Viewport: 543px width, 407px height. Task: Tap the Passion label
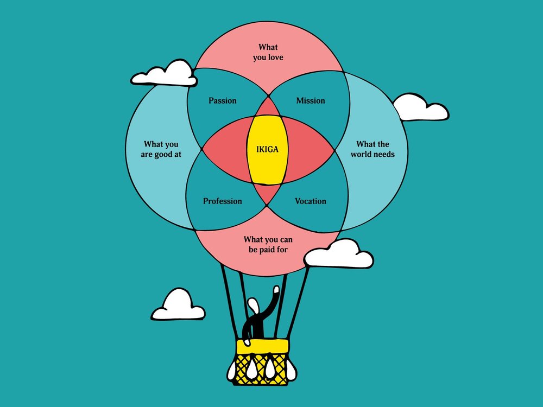tap(223, 100)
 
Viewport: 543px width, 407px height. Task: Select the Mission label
tap(311, 100)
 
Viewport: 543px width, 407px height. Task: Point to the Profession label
tap(223, 201)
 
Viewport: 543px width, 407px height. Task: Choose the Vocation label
tap(311, 201)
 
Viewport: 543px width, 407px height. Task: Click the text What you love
tap(268, 52)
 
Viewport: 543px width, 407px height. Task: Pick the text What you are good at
tap(161, 149)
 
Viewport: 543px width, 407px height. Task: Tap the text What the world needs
tap(372, 149)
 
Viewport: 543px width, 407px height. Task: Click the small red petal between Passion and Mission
tap(267, 107)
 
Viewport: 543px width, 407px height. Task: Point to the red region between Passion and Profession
tap(225, 149)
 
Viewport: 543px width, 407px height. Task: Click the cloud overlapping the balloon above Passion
tap(166, 75)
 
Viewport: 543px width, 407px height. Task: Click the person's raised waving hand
tap(277, 291)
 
